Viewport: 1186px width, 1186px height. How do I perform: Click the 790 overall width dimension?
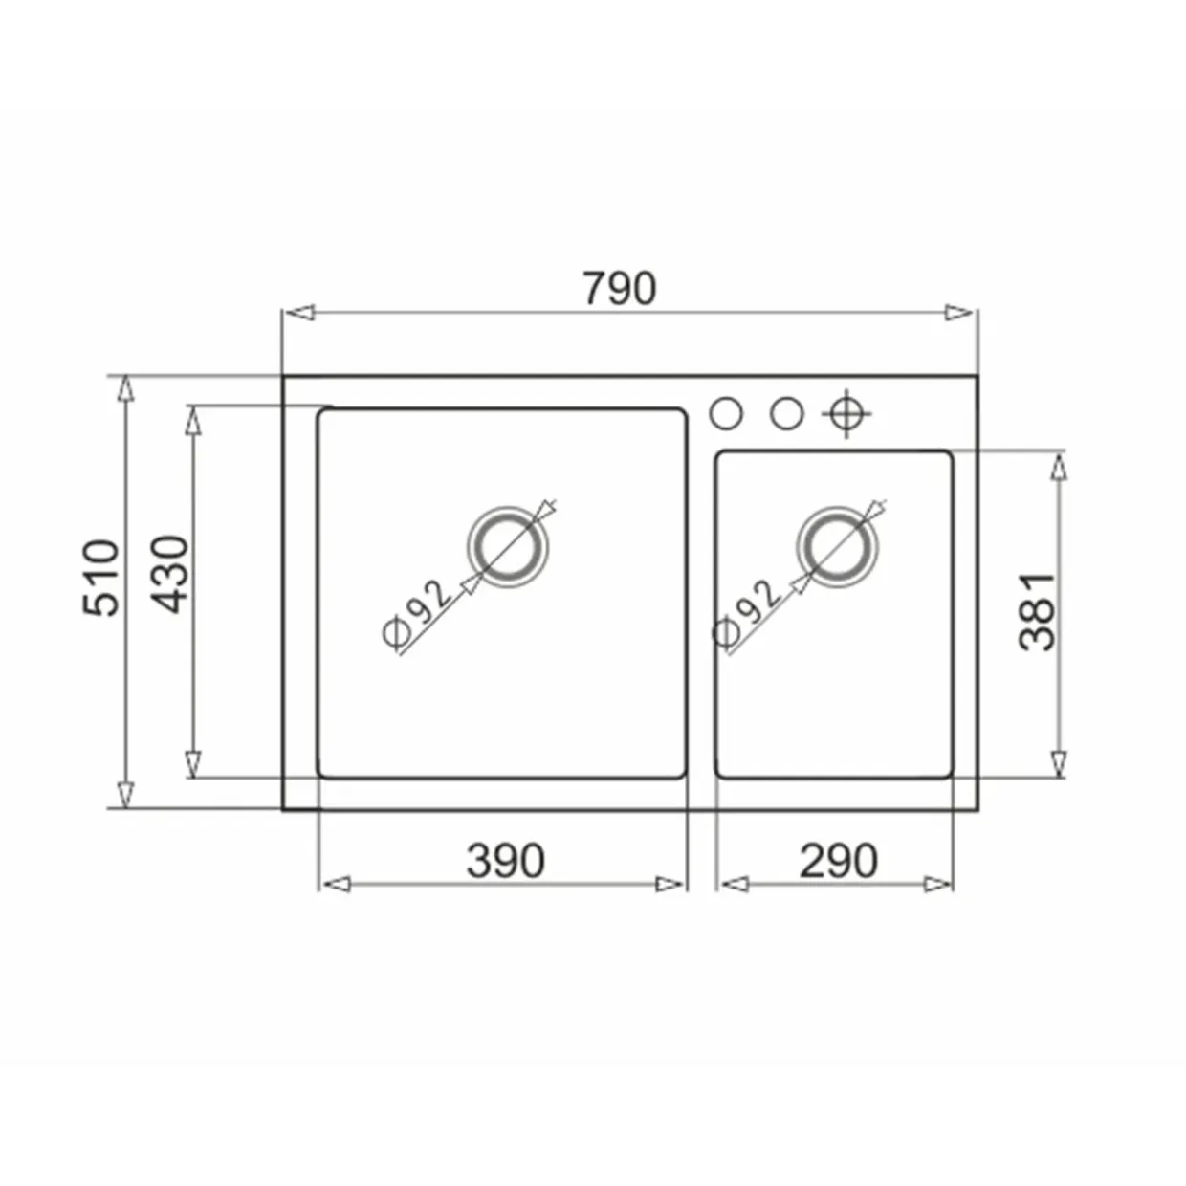coord(620,288)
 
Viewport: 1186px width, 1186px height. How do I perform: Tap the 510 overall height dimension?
coord(100,578)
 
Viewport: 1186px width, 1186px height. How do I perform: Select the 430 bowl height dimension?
coord(169,575)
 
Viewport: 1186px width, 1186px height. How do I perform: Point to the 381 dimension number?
coord(1037,612)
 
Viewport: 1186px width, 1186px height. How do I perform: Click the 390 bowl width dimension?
coord(505,861)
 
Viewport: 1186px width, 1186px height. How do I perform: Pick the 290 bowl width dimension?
coord(838,861)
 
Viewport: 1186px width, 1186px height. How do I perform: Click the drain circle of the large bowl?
coord(507,547)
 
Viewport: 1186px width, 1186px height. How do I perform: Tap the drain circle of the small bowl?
coord(837,547)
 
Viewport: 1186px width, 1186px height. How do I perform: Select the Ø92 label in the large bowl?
coord(417,614)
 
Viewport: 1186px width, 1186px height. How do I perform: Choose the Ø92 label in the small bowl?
coord(747,614)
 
